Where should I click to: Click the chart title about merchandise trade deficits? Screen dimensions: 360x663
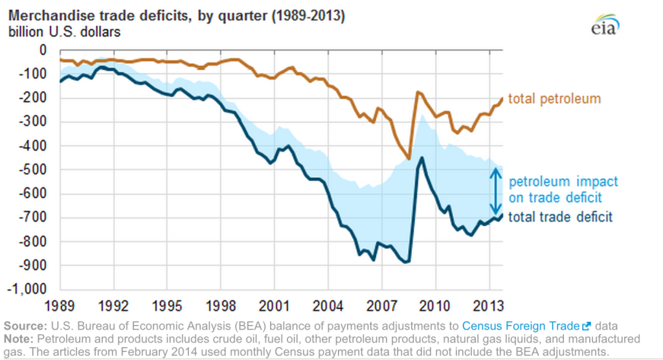[175, 16]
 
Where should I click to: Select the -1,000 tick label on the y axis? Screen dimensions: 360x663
[29, 289]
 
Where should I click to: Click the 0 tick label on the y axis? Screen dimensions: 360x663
[43, 50]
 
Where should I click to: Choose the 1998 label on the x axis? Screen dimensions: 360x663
[221, 304]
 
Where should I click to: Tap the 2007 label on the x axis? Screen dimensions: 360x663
[381, 304]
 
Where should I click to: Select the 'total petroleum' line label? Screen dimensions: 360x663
[554, 99]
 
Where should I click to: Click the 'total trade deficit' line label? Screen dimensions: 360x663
[560, 218]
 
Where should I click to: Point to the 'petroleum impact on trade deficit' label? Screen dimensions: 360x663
[562, 190]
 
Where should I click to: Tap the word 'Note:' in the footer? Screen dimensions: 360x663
[21, 339]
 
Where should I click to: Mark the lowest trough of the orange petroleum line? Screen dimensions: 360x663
[409, 159]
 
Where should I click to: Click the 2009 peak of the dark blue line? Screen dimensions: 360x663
[422, 157]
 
